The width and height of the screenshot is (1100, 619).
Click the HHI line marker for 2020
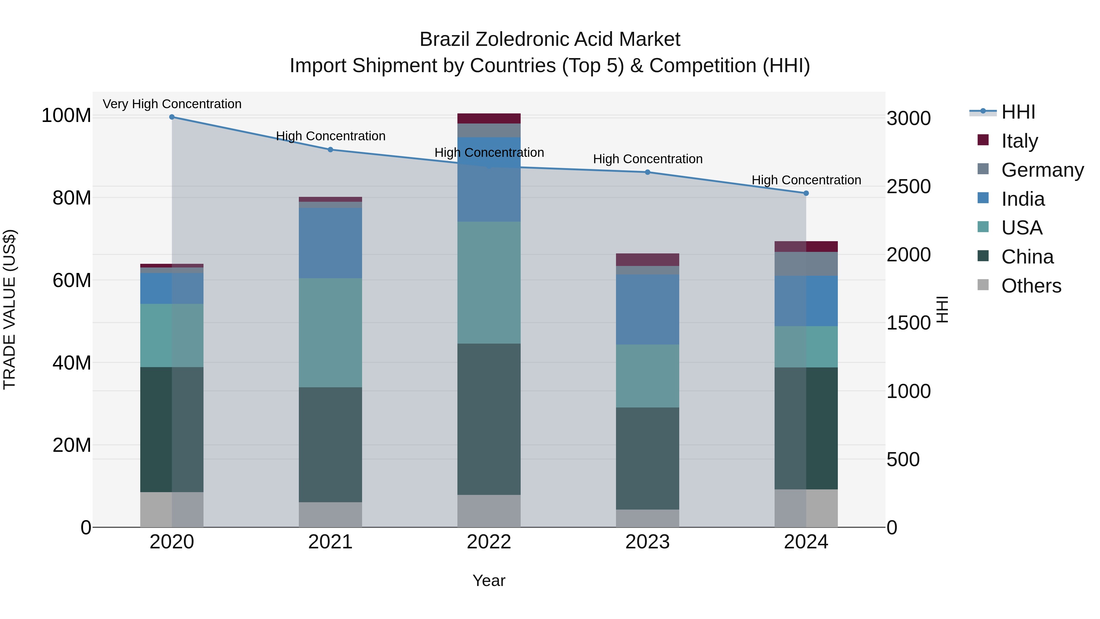point(172,117)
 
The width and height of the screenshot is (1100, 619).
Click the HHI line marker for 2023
point(647,172)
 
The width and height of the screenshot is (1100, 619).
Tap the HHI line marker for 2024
point(806,193)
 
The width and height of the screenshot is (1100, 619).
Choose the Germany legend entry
point(1042,170)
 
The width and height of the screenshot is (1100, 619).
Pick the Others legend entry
point(1031,286)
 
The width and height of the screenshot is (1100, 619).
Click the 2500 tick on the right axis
point(908,187)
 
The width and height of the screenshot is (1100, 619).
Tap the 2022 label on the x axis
point(489,542)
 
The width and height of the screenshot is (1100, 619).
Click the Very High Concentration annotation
point(172,104)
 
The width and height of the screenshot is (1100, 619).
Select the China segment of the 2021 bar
point(330,444)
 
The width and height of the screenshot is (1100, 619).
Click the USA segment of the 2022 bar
point(489,282)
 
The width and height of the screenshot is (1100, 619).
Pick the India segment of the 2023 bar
point(647,309)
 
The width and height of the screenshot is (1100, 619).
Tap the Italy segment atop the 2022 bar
point(489,118)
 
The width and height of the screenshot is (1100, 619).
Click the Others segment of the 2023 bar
point(647,518)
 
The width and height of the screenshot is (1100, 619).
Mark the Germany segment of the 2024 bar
point(806,263)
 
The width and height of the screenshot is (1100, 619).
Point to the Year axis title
point(489,580)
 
